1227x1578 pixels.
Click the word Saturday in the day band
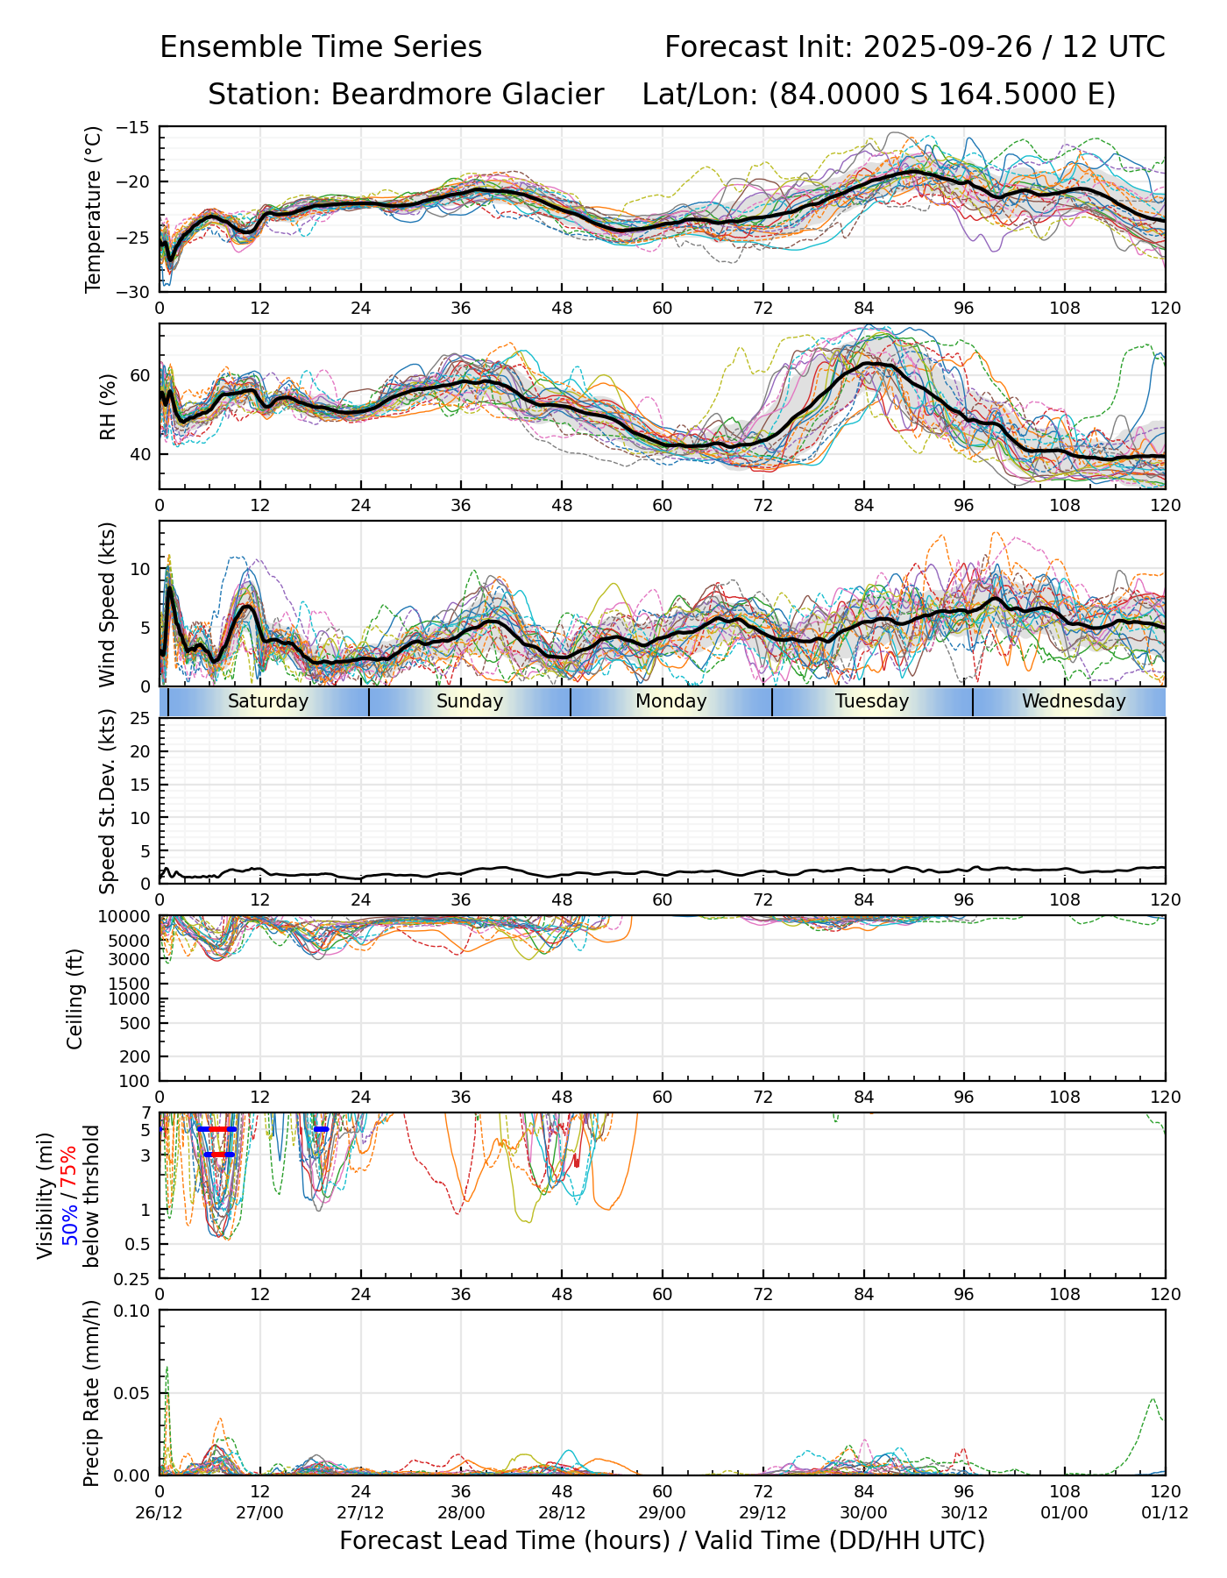click(268, 701)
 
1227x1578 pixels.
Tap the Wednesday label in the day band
click(1074, 701)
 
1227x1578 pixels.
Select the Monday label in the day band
click(670, 701)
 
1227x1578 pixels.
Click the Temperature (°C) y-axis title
click(94, 209)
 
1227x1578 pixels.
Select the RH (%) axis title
click(109, 406)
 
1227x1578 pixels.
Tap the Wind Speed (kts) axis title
click(108, 604)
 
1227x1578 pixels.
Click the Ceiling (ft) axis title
click(76, 999)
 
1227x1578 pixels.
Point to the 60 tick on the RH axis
click(140, 376)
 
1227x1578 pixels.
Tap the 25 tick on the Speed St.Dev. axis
click(140, 719)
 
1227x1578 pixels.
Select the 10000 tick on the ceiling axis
click(127, 917)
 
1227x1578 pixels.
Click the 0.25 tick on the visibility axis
click(136, 1278)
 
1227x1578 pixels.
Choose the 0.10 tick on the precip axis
click(134, 1311)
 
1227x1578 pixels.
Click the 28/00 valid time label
click(461, 1512)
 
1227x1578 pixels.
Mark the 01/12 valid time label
click(1165, 1512)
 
